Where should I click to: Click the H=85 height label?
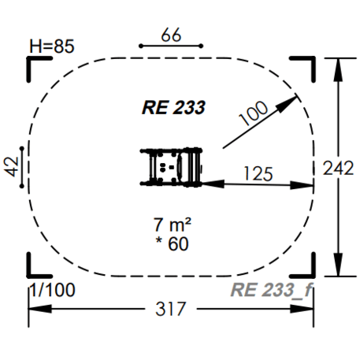coord(51,46)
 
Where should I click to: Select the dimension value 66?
coord(172,35)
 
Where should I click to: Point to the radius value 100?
coord(253,115)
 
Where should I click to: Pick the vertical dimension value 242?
coord(340,167)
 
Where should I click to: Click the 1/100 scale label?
coord(52,290)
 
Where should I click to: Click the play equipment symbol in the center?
coord(173,167)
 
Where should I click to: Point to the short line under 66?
coord(172,46)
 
